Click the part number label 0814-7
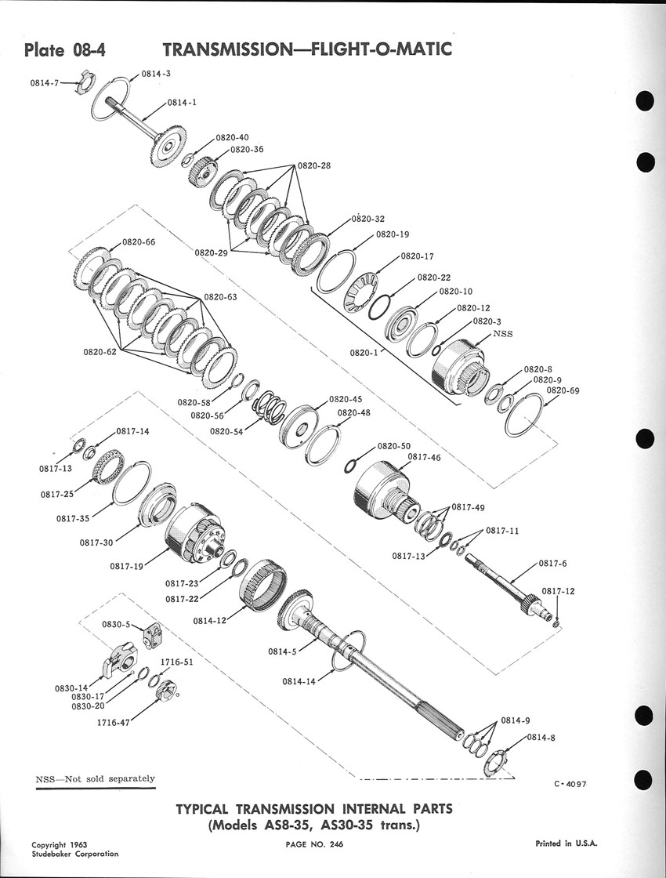44,82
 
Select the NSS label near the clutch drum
502,334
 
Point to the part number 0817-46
424,458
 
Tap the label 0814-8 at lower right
541,738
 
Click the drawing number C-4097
570,784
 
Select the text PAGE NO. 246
314,844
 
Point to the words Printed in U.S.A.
566,844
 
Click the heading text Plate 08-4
65,51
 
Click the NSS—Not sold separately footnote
95,779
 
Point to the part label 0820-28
314,165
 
